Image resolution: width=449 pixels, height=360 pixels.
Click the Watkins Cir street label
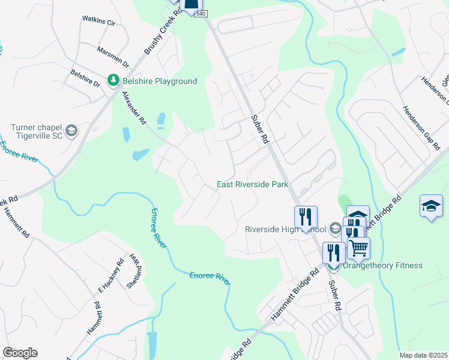[x=98, y=21]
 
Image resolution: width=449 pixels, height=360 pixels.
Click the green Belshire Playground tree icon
[x=112, y=80]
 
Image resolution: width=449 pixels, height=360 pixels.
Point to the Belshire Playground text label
[x=160, y=81]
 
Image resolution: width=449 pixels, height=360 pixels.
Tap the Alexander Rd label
[x=134, y=108]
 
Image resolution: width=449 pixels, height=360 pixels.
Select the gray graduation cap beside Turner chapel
[x=71, y=131]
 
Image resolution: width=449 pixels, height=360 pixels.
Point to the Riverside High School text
[x=285, y=229]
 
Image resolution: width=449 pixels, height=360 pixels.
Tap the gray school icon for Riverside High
[x=335, y=229]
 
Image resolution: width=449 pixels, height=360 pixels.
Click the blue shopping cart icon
[x=358, y=247]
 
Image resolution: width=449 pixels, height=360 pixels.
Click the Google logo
[x=20, y=353]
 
